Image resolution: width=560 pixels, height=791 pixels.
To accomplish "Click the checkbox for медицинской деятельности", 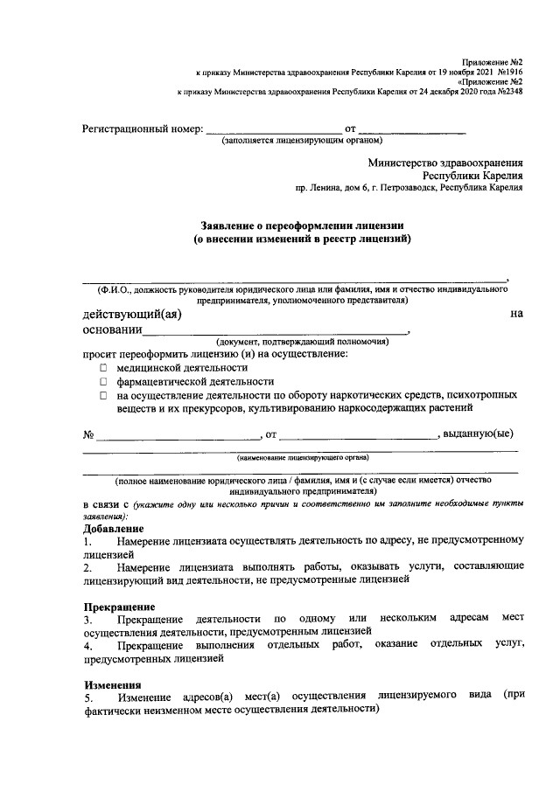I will click(103, 369).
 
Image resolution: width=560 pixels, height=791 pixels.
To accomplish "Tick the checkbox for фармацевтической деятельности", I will click(103, 382).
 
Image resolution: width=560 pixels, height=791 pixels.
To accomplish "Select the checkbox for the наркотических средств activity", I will click(103, 395).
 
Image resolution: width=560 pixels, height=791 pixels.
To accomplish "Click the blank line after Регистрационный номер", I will click(273, 131).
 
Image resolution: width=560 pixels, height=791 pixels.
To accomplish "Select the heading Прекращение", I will click(119, 607).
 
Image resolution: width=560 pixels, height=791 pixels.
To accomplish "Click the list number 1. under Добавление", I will click(87, 542).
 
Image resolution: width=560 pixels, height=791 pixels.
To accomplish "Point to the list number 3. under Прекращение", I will click(88, 619).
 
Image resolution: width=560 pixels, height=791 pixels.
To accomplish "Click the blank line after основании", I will click(274, 332).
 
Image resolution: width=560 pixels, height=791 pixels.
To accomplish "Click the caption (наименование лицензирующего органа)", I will click(302, 456).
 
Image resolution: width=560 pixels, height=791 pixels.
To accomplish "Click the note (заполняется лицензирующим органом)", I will click(302, 140).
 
